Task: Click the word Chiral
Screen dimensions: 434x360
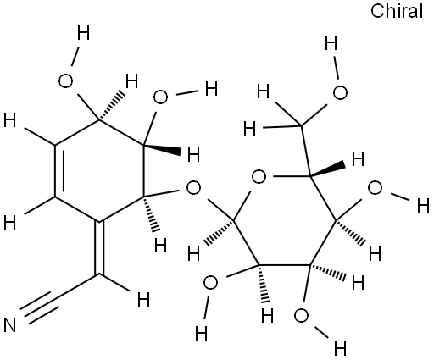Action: point(397,12)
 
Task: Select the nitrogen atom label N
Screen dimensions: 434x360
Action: point(10,324)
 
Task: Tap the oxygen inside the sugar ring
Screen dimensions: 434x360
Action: point(259,177)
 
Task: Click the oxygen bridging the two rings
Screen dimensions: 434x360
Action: point(193,188)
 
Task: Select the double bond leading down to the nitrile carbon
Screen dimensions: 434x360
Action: point(99,248)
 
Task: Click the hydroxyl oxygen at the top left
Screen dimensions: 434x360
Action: point(65,81)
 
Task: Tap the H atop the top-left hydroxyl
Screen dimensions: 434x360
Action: point(84,33)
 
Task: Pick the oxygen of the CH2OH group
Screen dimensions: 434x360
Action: point(340,93)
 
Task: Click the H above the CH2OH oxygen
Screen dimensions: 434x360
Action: point(331,43)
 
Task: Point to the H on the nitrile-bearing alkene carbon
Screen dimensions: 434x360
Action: point(143,300)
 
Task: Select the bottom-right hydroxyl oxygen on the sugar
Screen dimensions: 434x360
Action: point(301,316)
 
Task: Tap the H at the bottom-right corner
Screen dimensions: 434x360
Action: point(340,349)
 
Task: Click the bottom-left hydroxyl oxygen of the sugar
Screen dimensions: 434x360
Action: point(210,283)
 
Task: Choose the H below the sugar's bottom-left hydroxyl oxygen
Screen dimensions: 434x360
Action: point(202,334)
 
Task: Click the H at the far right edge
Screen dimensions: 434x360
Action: point(424,206)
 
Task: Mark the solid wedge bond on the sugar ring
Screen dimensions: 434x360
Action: point(328,170)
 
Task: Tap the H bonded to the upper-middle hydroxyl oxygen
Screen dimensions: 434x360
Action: point(211,89)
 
